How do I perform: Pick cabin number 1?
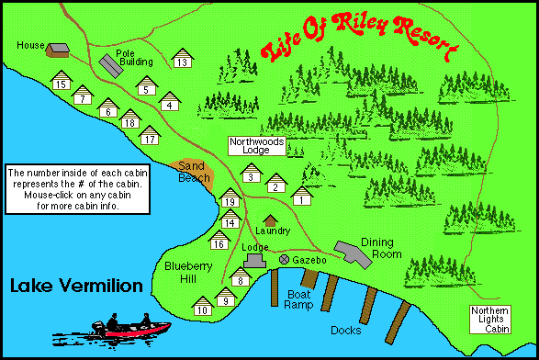(x=301, y=196)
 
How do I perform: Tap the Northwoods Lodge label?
(x=257, y=145)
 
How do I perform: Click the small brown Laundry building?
(x=270, y=220)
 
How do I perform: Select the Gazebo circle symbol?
(x=285, y=260)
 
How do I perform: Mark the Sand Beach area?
(x=193, y=174)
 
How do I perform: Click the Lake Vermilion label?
(x=76, y=287)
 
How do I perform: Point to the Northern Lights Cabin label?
(x=490, y=319)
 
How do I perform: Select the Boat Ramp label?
(x=300, y=299)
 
